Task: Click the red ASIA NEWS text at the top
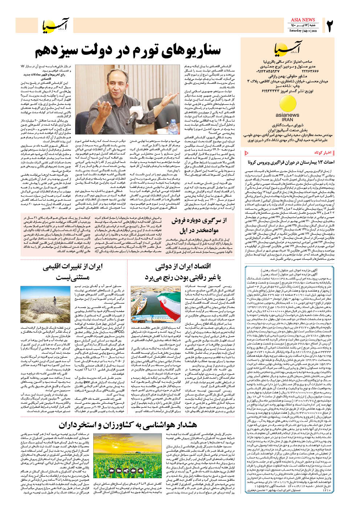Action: pos(303,20)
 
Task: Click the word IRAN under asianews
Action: pos(287,119)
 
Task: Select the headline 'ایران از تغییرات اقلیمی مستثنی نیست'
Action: pos(72,272)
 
